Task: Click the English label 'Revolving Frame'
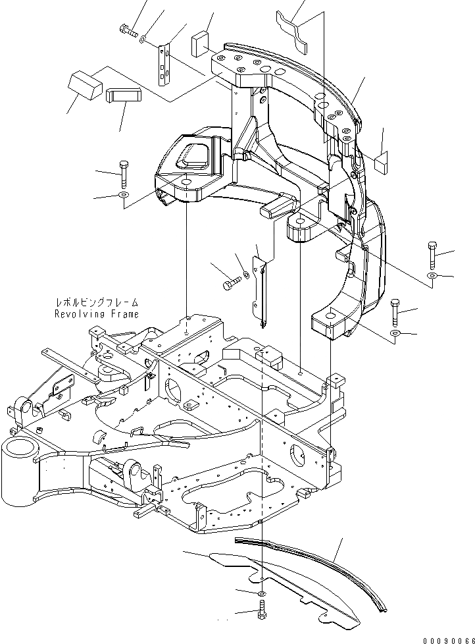coord(97,314)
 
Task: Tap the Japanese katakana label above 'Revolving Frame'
coord(97,303)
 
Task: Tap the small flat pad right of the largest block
coord(123,96)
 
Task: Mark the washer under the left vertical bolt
coord(124,196)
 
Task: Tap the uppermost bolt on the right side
coord(431,253)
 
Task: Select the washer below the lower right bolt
coord(395,335)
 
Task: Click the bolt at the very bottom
coord(261,612)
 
